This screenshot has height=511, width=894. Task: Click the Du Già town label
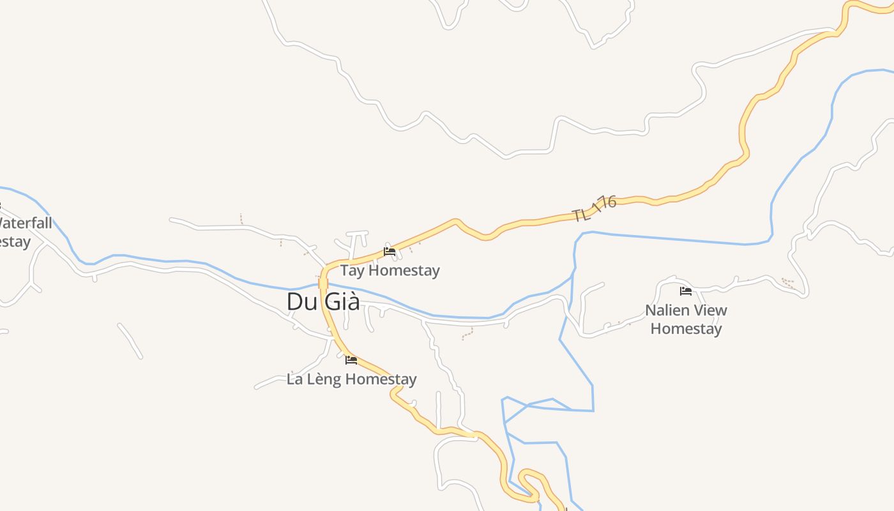click(323, 301)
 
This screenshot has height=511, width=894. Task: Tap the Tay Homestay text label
click(390, 270)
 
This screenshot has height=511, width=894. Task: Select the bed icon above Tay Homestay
click(389, 252)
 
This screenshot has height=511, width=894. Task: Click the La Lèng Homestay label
click(351, 379)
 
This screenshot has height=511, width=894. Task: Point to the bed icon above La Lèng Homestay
click(351, 360)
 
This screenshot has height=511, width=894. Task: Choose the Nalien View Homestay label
click(686, 319)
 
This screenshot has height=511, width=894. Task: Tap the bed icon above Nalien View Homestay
click(686, 291)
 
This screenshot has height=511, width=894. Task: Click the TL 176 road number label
click(595, 208)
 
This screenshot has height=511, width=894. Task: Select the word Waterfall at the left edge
click(26, 224)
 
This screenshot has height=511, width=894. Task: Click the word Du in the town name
click(299, 301)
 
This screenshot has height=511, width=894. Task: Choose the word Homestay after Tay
click(404, 270)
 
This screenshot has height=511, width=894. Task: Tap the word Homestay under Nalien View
click(686, 329)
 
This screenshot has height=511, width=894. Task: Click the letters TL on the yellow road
click(580, 214)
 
